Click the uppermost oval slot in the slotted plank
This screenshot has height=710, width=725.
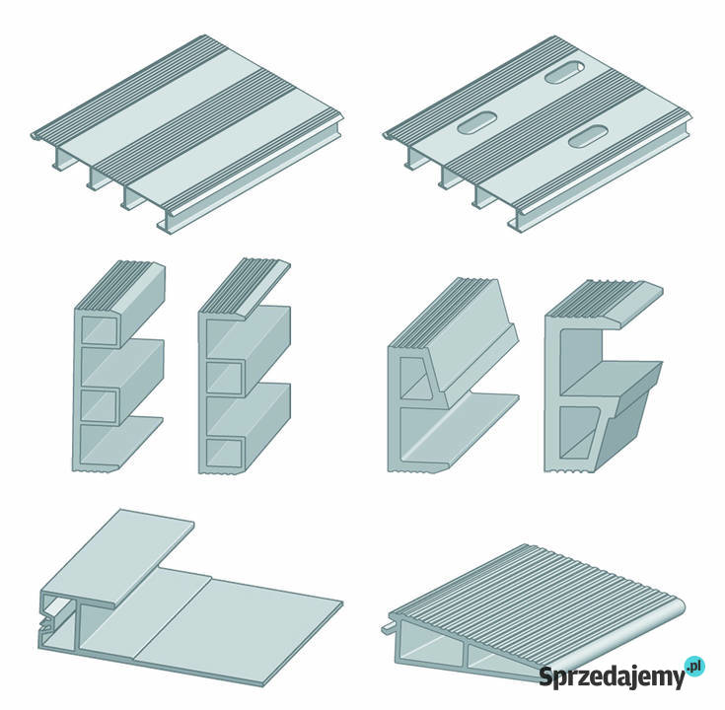pos(564,72)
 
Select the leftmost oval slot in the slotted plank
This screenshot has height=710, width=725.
pos(476,122)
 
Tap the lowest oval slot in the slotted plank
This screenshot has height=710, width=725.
pos(587,136)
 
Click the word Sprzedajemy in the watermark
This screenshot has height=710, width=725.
pos(612,676)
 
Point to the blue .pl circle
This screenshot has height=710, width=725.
pos(695,667)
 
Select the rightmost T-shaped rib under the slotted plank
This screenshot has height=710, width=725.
pos(516,220)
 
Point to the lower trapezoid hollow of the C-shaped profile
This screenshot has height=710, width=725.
pos(578,431)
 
